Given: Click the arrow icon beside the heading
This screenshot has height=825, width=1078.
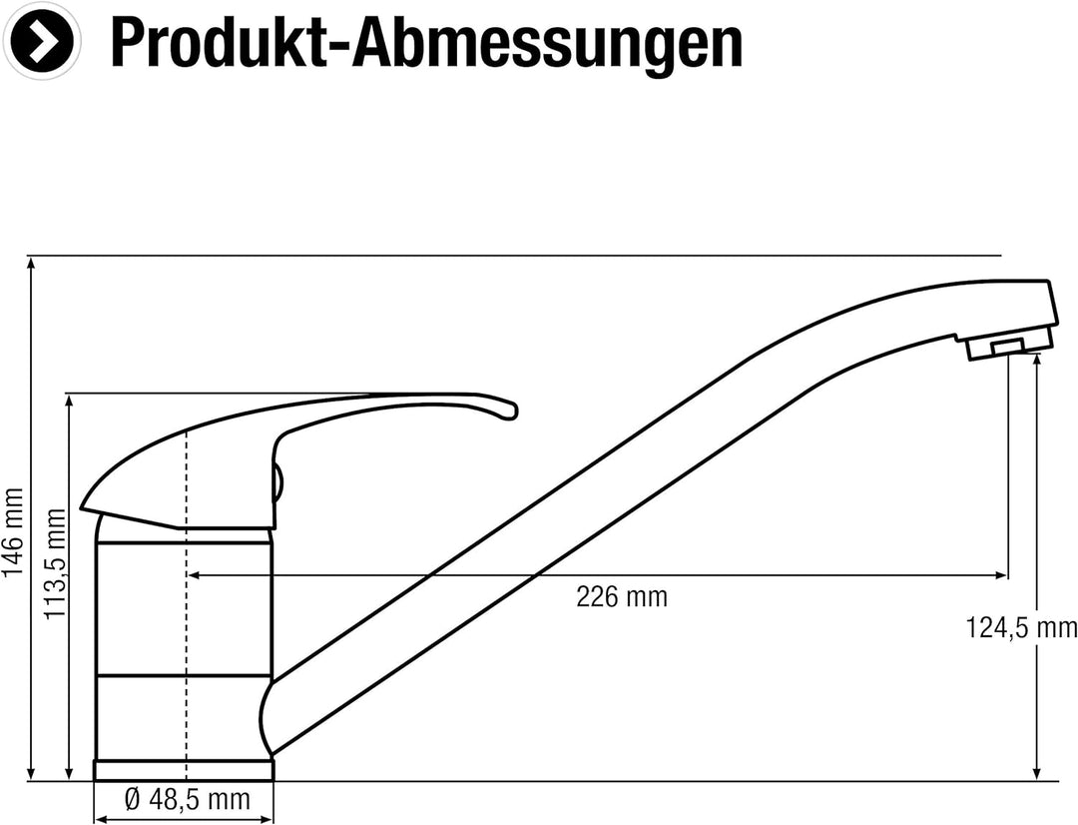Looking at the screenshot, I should [42, 42].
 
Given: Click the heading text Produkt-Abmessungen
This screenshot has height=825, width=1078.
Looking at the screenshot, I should [426, 42].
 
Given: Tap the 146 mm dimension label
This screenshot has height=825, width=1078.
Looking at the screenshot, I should [13, 531].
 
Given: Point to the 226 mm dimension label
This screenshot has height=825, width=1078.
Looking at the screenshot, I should [621, 597].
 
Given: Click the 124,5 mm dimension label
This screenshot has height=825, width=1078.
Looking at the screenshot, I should [1020, 627].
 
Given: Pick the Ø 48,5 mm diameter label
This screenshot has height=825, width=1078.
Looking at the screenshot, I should [186, 800].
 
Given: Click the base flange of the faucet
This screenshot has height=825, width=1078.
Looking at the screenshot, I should [183, 769].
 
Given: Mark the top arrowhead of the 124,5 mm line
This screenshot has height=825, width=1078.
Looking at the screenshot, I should [1038, 359].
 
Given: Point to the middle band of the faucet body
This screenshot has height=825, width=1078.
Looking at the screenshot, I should [183, 609].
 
